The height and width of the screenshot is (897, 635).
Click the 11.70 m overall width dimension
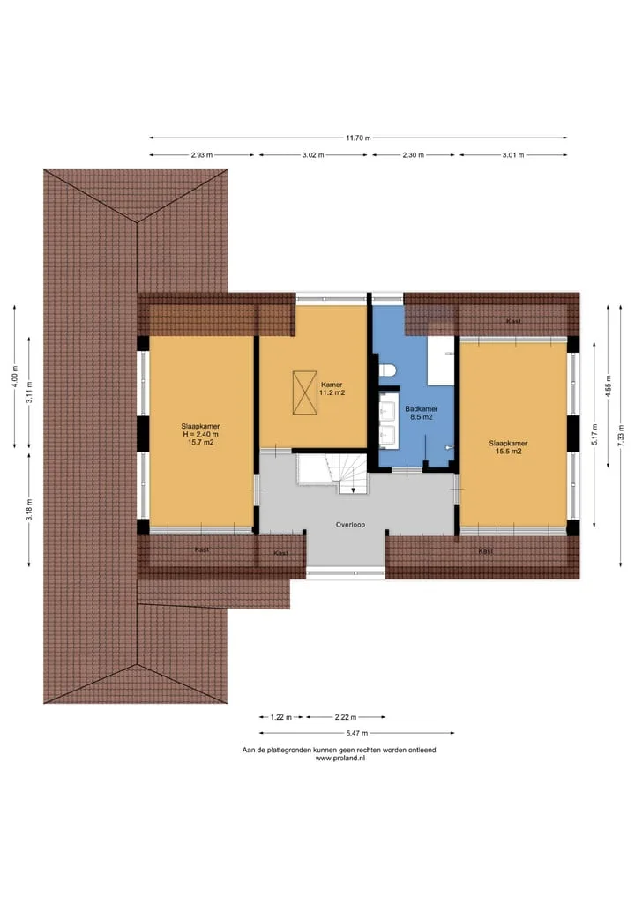[358, 138]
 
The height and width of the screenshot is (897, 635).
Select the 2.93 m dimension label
[201, 155]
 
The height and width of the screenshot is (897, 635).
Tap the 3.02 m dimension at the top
[313, 155]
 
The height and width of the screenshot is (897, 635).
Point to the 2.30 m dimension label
[413, 155]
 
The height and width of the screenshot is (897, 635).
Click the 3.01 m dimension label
[513, 155]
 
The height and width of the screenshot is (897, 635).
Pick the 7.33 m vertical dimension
[621, 436]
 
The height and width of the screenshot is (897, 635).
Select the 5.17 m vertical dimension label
[595, 434]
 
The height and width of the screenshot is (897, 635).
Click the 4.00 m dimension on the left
[15, 377]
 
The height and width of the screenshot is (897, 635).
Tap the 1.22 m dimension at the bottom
[280, 717]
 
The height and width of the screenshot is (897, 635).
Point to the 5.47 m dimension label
[357, 733]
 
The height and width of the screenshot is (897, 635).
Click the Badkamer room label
[421, 409]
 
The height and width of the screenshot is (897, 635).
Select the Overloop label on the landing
[350, 525]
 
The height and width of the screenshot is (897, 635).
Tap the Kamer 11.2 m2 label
[332, 389]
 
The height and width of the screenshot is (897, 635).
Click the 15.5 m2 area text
[509, 452]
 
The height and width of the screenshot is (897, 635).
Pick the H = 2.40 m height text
[200, 434]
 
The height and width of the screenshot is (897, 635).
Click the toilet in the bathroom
[387, 370]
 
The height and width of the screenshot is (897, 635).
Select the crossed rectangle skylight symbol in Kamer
[305, 392]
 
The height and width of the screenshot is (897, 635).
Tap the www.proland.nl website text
[340, 758]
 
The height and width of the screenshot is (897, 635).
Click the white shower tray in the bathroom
[441, 361]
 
